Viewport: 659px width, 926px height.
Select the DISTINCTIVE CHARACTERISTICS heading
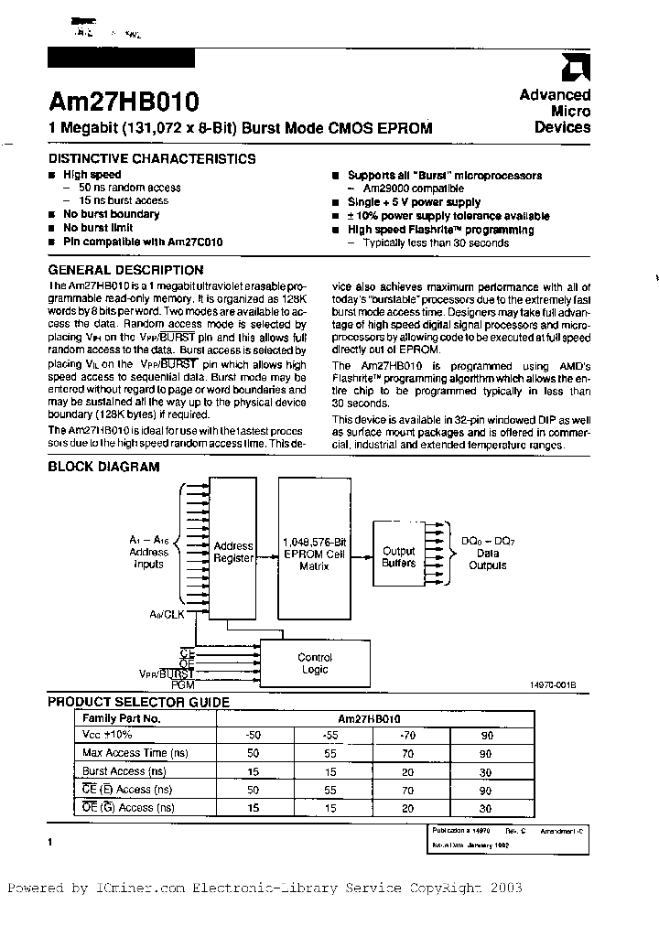[x=152, y=158]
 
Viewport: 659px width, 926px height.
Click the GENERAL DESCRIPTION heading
[x=125, y=270]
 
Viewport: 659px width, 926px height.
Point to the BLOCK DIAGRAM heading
[x=103, y=467]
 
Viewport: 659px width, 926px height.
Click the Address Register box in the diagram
[x=233, y=552]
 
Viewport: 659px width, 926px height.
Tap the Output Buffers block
[x=399, y=556]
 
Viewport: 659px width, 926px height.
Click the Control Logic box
[x=315, y=663]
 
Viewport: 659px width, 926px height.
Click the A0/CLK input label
[x=167, y=614]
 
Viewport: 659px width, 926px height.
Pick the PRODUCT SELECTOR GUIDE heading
[x=138, y=702]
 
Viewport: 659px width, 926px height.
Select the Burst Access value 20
[x=407, y=771]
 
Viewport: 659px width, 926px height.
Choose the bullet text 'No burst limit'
[x=98, y=228]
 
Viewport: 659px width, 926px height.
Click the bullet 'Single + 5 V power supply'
[x=414, y=202]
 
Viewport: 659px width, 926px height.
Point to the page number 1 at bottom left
[x=50, y=841]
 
